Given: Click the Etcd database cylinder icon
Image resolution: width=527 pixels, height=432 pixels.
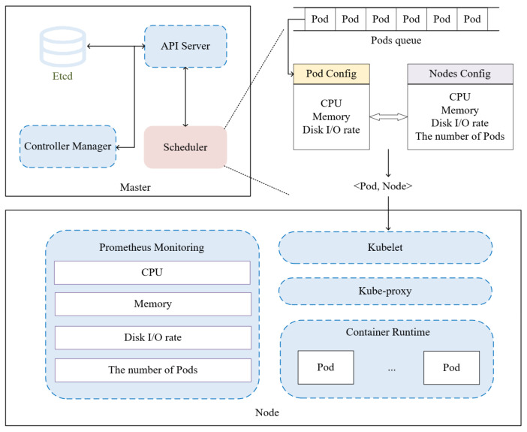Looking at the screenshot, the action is click(x=63, y=47).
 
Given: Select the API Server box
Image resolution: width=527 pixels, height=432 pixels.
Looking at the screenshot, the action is click(x=185, y=46).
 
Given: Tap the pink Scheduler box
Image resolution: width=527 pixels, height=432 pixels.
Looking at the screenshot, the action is click(x=185, y=147).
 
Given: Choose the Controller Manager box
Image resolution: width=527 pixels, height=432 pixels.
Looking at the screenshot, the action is click(x=68, y=147).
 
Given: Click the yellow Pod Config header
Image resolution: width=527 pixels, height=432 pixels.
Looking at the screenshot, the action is click(x=331, y=74).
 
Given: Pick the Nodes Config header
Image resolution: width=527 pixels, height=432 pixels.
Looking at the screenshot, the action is click(x=460, y=74).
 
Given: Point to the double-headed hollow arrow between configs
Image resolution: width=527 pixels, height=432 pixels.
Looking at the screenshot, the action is click(x=389, y=116).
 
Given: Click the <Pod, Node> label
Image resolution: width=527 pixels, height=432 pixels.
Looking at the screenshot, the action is click(x=383, y=186).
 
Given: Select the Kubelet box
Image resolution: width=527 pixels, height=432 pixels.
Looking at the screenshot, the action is click(x=386, y=247).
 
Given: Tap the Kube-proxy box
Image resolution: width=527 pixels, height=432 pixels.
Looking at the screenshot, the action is click(x=386, y=291).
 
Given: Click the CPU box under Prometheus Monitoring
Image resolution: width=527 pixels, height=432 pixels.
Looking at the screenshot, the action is click(x=152, y=273).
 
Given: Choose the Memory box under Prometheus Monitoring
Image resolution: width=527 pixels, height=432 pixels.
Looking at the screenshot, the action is click(x=153, y=304).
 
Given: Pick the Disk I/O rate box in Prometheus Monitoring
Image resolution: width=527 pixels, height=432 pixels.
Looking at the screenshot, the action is click(x=153, y=337).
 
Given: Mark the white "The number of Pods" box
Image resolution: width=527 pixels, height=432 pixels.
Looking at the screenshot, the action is click(x=153, y=370).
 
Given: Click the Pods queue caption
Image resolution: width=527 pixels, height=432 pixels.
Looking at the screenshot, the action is click(x=396, y=41).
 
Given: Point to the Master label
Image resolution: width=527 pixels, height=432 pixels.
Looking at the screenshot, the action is click(x=135, y=187).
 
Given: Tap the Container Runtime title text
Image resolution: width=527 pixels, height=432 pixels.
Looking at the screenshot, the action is click(x=388, y=332).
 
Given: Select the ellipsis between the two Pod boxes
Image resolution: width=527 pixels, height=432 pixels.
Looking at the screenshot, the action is click(x=392, y=370).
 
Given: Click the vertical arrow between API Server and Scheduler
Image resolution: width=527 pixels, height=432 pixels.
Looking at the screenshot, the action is click(x=185, y=97).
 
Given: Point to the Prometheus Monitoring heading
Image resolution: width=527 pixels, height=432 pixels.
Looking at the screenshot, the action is click(x=152, y=247).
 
